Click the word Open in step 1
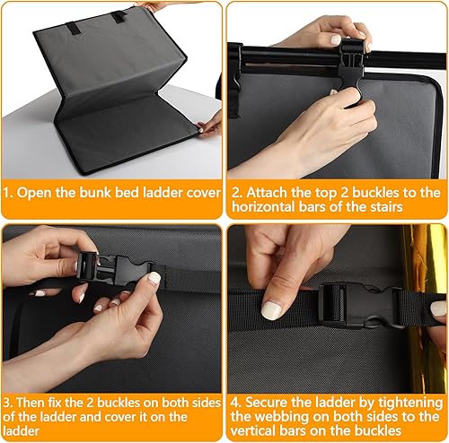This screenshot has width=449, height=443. coord(34,193)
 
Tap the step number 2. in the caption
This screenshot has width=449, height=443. coord(237,193)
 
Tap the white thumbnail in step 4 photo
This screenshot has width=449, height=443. coord(272,310)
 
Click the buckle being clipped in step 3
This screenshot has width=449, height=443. coord(115,267)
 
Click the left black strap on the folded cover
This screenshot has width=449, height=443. coord(73,28)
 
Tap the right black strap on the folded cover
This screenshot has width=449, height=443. coord(119,17)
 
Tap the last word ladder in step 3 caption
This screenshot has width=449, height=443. coord(22,430)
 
